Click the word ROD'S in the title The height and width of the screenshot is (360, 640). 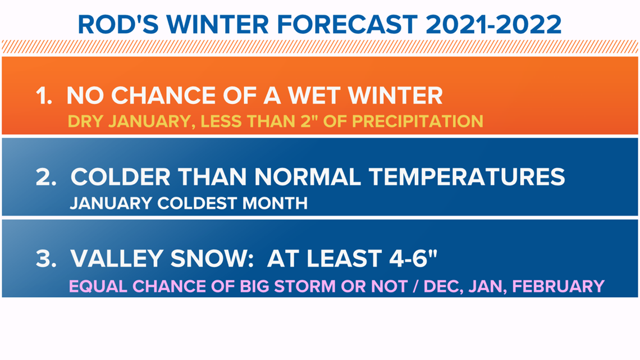click(x=118, y=25)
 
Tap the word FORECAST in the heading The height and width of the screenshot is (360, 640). click(x=347, y=25)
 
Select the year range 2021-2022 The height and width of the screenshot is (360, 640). click(x=493, y=25)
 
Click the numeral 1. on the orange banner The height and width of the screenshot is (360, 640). click(x=44, y=96)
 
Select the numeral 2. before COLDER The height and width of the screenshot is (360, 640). click(x=45, y=177)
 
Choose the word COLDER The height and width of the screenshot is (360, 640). click(x=120, y=177)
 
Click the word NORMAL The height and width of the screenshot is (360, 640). click(x=308, y=177)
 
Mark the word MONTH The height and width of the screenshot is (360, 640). click(x=275, y=203)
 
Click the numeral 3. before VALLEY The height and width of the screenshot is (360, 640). click(x=45, y=259)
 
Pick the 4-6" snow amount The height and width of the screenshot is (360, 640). click(x=413, y=258)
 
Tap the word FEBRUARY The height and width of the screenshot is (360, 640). click(x=558, y=286)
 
